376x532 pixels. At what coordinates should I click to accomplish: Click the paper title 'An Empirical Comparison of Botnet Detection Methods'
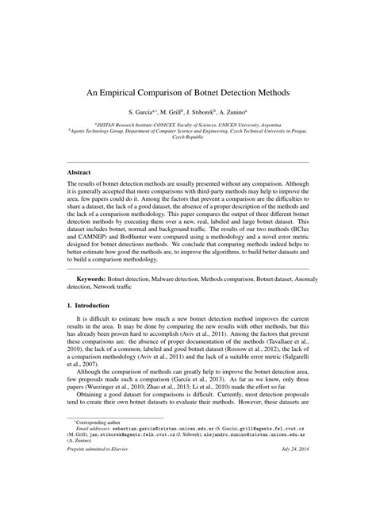click(188, 93)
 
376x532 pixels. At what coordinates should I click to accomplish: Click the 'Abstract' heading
click(79, 172)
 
